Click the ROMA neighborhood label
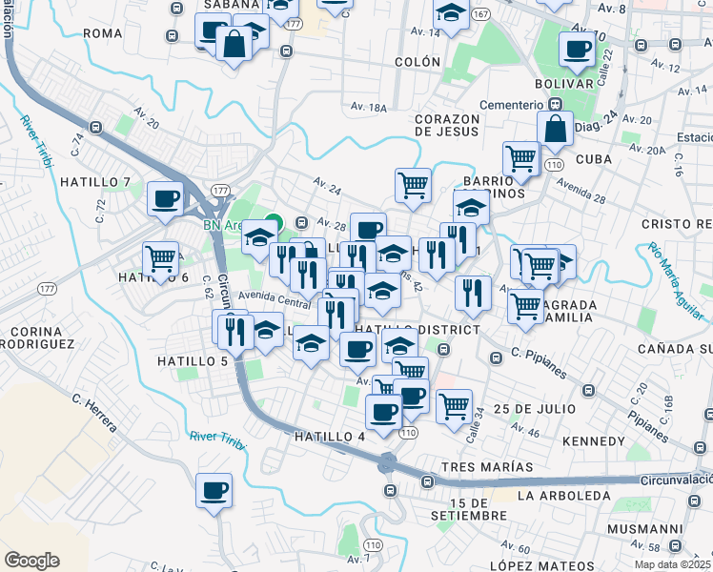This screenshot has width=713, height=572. [x=103, y=32]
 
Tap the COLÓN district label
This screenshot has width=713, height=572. [x=415, y=62]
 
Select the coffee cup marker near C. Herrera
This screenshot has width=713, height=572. [x=214, y=492]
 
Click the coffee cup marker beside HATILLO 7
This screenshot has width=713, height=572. [x=166, y=200]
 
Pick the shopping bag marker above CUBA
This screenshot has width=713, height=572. [x=555, y=132]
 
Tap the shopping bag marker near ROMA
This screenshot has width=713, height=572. [x=234, y=45]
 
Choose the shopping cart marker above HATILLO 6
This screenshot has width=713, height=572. [x=161, y=258]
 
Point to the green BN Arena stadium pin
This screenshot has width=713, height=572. [x=273, y=225]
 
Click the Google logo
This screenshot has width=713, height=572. [x=31, y=561]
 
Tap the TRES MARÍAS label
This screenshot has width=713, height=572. [x=487, y=467]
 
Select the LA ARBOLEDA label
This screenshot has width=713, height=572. [x=562, y=496]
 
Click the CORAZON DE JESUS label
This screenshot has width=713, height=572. [x=459, y=125]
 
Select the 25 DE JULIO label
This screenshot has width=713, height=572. [x=535, y=408]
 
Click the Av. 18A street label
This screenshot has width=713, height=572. [x=369, y=106]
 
